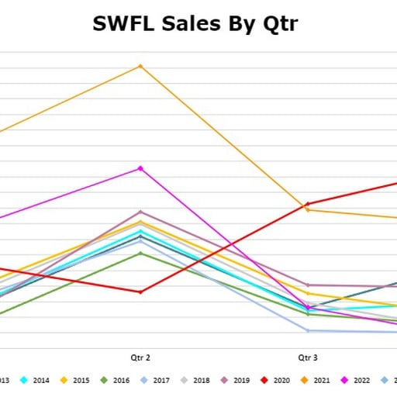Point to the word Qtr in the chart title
pyautogui.click(x=274, y=24)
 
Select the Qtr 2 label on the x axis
pyautogui.click(x=140, y=357)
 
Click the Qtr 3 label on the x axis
pyautogui.click(x=308, y=357)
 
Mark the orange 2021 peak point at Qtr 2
pyautogui.click(x=140, y=66)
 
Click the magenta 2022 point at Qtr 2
pyautogui.click(x=140, y=168)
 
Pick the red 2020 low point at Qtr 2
pyautogui.click(x=140, y=292)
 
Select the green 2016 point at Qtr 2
pyautogui.click(x=140, y=254)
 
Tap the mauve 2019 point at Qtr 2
pyautogui.click(x=140, y=212)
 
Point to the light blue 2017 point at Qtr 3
pyautogui.click(x=308, y=331)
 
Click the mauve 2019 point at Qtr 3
pyautogui.click(x=308, y=285)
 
